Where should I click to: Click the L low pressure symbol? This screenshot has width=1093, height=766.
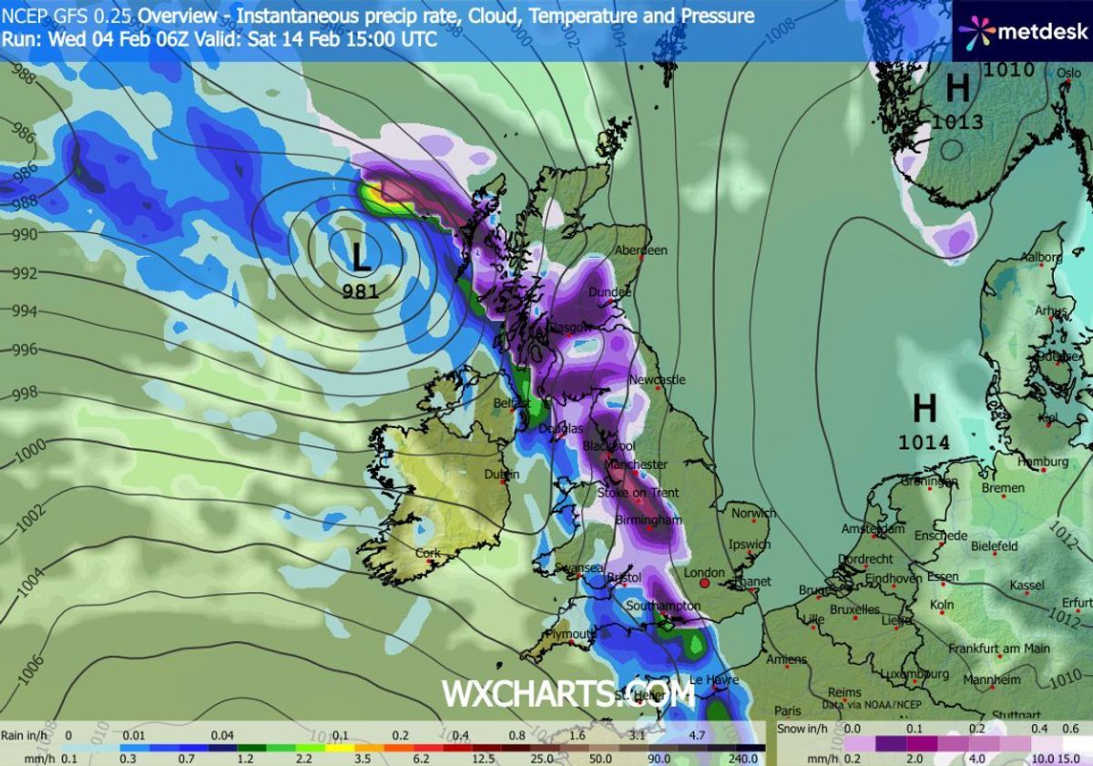click(x=362, y=256)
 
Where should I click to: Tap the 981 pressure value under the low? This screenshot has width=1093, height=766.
click(x=362, y=291)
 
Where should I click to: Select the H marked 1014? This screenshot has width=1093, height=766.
click(x=924, y=408)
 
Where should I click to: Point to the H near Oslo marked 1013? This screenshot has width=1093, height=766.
click(x=957, y=88)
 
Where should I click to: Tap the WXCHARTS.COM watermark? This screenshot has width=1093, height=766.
click(x=568, y=693)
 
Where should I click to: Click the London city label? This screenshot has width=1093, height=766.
click(x=704, y=572)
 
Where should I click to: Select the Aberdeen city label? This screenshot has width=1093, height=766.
click(x=641, y=250)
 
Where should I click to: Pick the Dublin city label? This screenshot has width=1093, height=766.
click(x=502, y=474)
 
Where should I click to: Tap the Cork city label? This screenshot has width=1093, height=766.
click(x=427, y=553)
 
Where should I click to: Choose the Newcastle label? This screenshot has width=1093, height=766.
click(x=657, y=379)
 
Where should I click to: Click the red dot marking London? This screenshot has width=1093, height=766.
click(x=704, y=583)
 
